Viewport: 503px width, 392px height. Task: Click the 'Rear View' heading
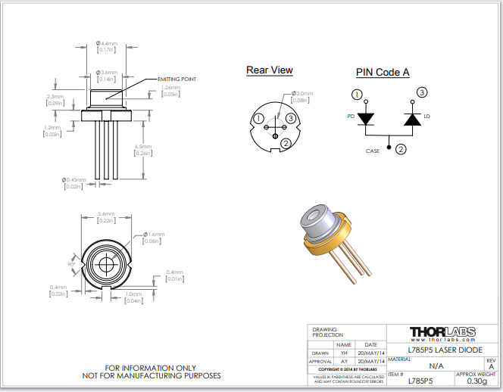point(269,70)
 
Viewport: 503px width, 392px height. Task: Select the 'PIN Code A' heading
point(383,73)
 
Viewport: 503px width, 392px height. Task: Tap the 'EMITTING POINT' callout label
point(177,79)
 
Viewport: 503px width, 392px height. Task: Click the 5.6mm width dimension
point(106,214)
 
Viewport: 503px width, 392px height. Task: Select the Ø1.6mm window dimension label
point(152,235)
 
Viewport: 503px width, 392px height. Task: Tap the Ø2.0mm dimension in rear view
point(301,93)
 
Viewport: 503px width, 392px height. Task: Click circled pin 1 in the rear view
point(259,119)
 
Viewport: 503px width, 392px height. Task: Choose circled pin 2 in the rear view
point(286,142)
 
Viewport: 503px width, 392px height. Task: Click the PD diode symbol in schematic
point(367,119)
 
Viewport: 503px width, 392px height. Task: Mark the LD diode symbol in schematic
point(413,119)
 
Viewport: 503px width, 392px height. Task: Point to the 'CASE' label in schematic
point(373,151)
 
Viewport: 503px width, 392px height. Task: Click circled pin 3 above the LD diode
point(422,92)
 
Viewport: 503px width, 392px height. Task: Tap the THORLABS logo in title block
point(443,332)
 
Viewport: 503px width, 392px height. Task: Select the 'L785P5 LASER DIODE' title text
point(443,350)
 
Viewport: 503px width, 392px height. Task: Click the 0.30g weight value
point(477,381)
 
